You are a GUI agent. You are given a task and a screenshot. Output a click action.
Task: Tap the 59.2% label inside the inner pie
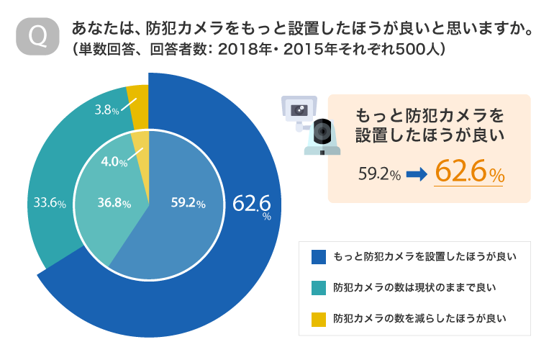tap(188, 204)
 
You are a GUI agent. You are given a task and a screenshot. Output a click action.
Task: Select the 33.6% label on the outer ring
tap(50, 204)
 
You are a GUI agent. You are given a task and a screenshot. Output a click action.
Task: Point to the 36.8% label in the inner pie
tap(114, 204)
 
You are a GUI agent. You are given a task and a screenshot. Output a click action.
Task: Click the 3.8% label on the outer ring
tap(106, 110)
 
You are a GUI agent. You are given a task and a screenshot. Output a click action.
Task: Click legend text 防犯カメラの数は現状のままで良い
tap(414, 288)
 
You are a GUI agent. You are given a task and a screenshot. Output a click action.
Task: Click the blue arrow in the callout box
tap(417, 174)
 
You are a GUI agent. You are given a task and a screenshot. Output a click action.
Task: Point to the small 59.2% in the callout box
tap(379, 174)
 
